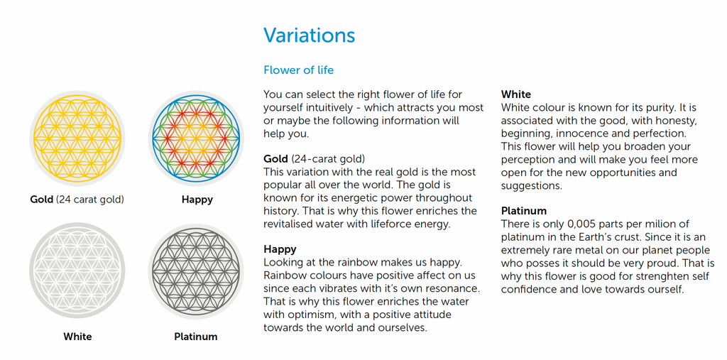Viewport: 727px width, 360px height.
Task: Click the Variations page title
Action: pyautogui.click(x=310, y=36)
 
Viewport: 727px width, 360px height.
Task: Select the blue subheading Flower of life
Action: pyautogui.click(x=299, y=70)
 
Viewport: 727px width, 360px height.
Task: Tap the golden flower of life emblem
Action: pyautogui.click(x=77, y=138)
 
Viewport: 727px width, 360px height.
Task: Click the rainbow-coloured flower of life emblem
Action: pyautogui.click(x=196, y=138)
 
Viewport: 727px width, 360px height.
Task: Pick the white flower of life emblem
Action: pyautogui.click(x=77, y=271)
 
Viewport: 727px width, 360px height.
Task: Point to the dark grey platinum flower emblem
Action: pyautogui.click(x=196, y=271)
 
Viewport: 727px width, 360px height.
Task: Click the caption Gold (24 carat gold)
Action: pyautogui.click(x=77, y=200)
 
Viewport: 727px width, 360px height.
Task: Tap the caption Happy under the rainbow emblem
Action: pyautogui.click(x=197, y=200)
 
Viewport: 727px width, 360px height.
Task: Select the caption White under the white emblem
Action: pyautogui.click(x=77, y=337)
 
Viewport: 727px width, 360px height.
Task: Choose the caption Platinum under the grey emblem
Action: pyautogui.click(x=196, y=337)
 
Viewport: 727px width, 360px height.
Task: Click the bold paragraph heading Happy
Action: pyautogui.click(x=280, y=250)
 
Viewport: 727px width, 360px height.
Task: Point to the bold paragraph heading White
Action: pyautogui.click(x=516, y=94)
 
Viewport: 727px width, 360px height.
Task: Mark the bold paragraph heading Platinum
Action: pyautogui.click(x=524, y=211)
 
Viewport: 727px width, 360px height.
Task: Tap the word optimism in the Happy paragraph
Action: pyautogui.click(x=301, y=315)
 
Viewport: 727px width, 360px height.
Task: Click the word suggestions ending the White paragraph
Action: pyautogui.click(x=531, y=186)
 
